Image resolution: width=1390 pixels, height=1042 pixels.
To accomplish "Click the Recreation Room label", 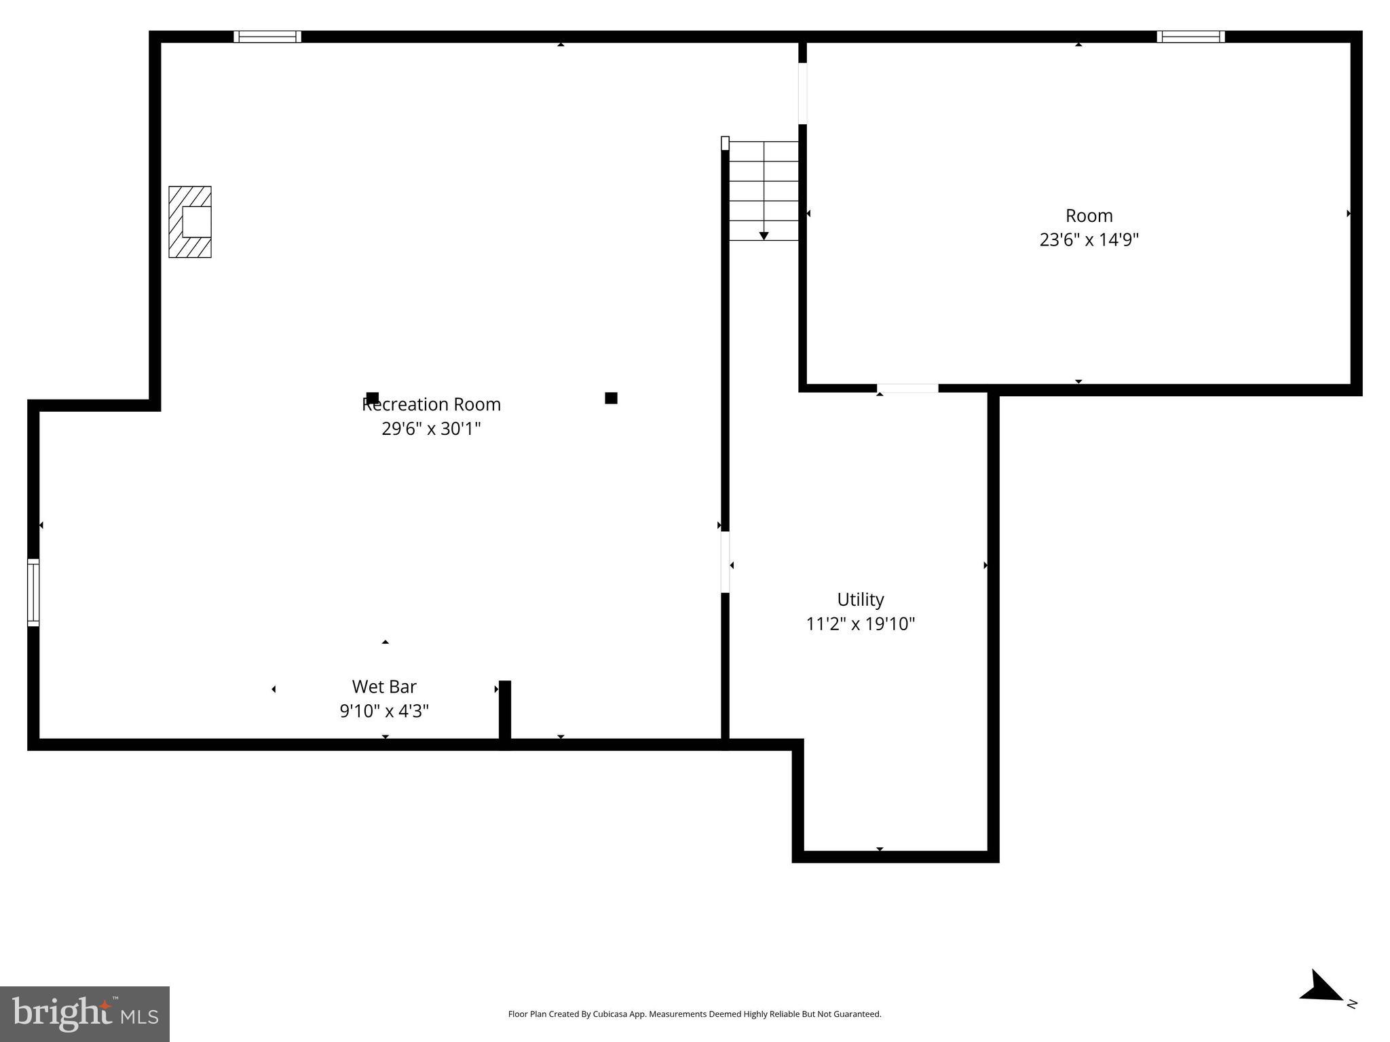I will click(x=431, y=404).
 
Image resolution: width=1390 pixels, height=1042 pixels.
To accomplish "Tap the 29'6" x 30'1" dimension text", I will click(x=431, y=429).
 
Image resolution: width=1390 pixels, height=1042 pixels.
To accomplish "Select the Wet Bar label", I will click(x=384, y=687).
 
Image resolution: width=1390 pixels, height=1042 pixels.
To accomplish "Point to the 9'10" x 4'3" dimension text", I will click(x=384, y=711).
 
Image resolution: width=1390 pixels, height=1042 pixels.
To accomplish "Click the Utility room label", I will click(x=860, y=600).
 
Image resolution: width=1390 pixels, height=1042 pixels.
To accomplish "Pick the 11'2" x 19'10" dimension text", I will click(x=860, y=624).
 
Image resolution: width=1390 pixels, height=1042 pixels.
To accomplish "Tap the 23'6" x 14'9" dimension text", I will click(x=1089, y=240).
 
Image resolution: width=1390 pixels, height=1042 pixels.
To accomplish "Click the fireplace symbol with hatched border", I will click(x=190, y=222).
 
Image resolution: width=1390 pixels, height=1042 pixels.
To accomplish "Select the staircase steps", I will click(x=764, y=191).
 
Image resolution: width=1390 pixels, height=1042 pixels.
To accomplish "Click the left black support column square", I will click(x=372, y=398).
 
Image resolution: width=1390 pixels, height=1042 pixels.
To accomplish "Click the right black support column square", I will click(x=611, y=398).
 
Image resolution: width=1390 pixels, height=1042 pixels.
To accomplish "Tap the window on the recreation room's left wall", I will click(x=33, y=592).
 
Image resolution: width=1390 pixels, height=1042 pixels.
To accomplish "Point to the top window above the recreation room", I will click(x=267, y=37).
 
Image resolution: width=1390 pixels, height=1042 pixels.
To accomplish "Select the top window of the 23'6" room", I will click(x=1190, y=37).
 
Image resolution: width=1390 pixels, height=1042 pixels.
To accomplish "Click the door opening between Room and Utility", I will click(x=907, y=389).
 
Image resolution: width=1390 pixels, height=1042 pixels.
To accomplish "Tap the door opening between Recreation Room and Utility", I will click(x=725, y=562).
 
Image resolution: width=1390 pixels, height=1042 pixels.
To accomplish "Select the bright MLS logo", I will click(x=85, y=1014).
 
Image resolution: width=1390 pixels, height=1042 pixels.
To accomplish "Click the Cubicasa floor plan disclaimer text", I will click(x=694, y=1014).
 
